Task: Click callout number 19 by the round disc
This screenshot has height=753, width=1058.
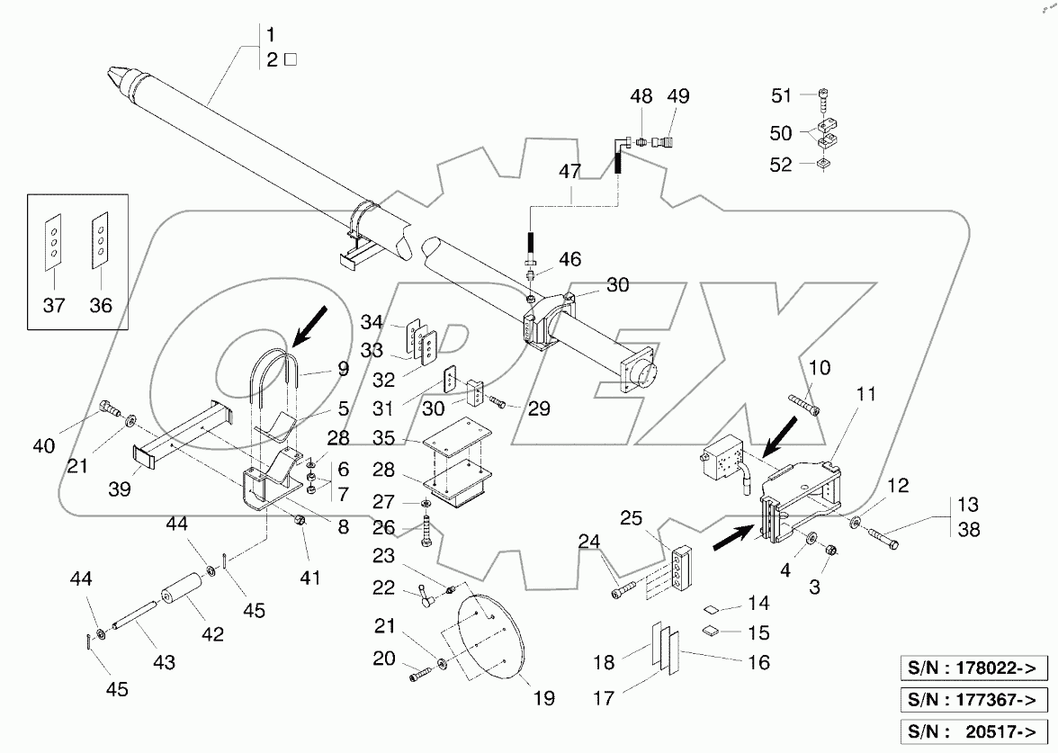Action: [543, 697]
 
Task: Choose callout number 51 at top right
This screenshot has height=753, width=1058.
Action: [782, 96]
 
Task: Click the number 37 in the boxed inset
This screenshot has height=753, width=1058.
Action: [54, 306]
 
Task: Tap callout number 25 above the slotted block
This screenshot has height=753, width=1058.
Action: [632, 520]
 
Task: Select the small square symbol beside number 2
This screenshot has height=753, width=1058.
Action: [291, 61]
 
